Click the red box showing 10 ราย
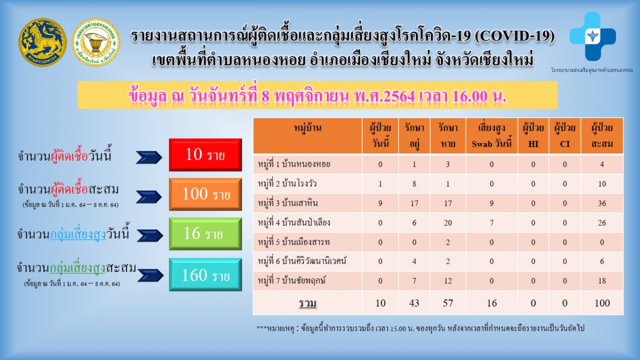[205, 155]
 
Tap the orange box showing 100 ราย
[205, 194]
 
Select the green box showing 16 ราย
[205, 234]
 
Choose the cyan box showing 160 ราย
[205, 275]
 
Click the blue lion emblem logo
[43, 43]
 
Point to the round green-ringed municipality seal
[96, 42]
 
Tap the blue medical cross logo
[593, 36]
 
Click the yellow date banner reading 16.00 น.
[317, 95]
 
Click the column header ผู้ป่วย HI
[533, 136]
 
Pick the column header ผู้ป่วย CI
[565, 136]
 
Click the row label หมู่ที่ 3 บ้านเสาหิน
[287, 203]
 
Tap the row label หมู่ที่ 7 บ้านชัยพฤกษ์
[291, 281]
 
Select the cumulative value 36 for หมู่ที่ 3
[602, 203]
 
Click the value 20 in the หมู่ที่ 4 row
[447, 223]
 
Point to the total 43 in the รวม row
[414, 303]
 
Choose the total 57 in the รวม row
[447, 303]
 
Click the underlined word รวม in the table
[308, 303]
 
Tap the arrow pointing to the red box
[149, 157]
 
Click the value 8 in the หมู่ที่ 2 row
[414, 183]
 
